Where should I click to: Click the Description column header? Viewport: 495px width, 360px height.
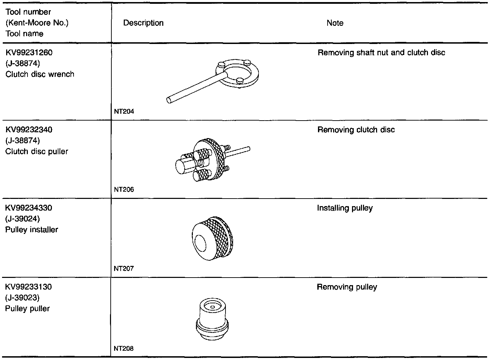pos(143,23)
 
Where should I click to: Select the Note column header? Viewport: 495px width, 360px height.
pos(335,23)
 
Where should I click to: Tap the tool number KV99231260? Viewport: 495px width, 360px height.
pos(29,53)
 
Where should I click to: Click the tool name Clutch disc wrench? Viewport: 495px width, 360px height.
pos(40,74)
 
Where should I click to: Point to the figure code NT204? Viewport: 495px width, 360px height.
pos(124,111)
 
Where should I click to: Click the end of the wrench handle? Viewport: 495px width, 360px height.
pos(169,100)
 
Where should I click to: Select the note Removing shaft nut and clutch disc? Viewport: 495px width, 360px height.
pos(382,53)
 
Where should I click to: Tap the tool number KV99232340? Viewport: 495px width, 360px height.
pos(29,130)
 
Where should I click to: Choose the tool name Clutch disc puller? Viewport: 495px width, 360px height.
pos(37,151)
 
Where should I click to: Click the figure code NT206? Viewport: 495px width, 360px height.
pos(124,190)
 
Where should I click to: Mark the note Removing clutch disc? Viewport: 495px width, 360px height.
pos(356,130)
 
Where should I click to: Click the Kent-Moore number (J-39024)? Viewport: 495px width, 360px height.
pos(23,219)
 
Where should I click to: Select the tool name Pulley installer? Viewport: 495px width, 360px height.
pos(32,230)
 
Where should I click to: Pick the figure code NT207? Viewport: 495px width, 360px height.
pos(124,269)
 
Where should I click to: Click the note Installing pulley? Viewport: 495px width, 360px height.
pos(345,208)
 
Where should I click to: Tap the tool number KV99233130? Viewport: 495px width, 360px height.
pos(29,287)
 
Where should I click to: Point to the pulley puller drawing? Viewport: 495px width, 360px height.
pos(212,319)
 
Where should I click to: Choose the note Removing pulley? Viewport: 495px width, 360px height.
pos(347,287)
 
